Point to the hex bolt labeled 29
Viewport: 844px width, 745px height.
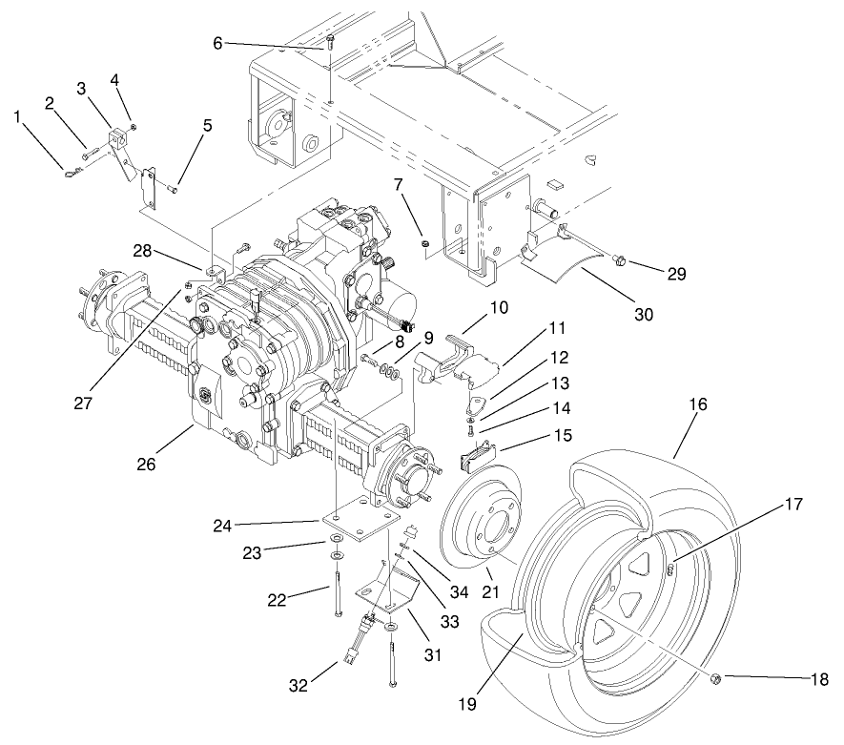619,259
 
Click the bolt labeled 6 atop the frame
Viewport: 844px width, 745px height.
330,39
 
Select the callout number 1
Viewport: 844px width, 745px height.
17,115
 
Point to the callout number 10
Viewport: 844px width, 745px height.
500,307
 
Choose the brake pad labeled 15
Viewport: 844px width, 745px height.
475,461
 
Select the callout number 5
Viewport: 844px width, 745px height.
207,125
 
